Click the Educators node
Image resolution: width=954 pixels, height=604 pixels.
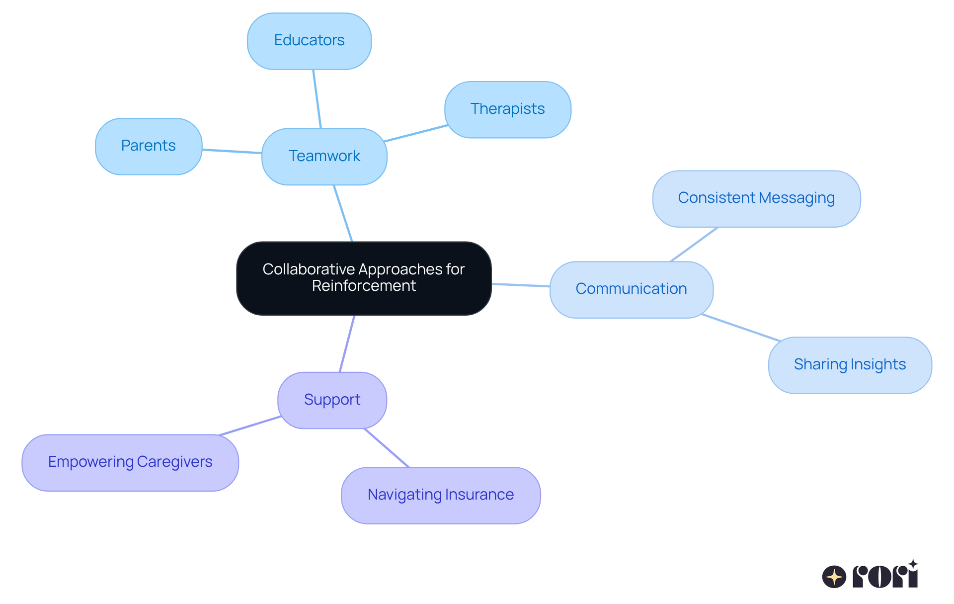309,41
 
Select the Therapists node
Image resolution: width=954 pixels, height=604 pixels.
507,109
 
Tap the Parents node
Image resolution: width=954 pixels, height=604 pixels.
148,146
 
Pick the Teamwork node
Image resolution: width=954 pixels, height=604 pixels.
324,157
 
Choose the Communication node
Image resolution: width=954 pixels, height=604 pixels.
631,289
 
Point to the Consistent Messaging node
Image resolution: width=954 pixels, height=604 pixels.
756,198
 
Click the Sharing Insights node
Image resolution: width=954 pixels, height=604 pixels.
849,365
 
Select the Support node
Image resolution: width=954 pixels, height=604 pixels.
332,400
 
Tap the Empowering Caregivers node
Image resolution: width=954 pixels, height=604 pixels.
130,462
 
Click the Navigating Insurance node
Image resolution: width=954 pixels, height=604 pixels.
440,495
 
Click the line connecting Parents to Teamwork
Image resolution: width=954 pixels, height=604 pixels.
232,151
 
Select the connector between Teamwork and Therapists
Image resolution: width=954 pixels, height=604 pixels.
416,133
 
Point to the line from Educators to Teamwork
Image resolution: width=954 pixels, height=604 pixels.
317,99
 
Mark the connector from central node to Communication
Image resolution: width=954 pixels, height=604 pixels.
521,285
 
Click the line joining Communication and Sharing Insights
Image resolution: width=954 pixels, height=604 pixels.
740,328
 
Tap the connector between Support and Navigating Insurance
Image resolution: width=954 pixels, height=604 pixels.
387,448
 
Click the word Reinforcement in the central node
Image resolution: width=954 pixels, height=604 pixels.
364,286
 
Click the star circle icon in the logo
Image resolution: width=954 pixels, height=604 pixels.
834,577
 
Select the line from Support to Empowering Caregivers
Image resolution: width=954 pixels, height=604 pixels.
250,426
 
